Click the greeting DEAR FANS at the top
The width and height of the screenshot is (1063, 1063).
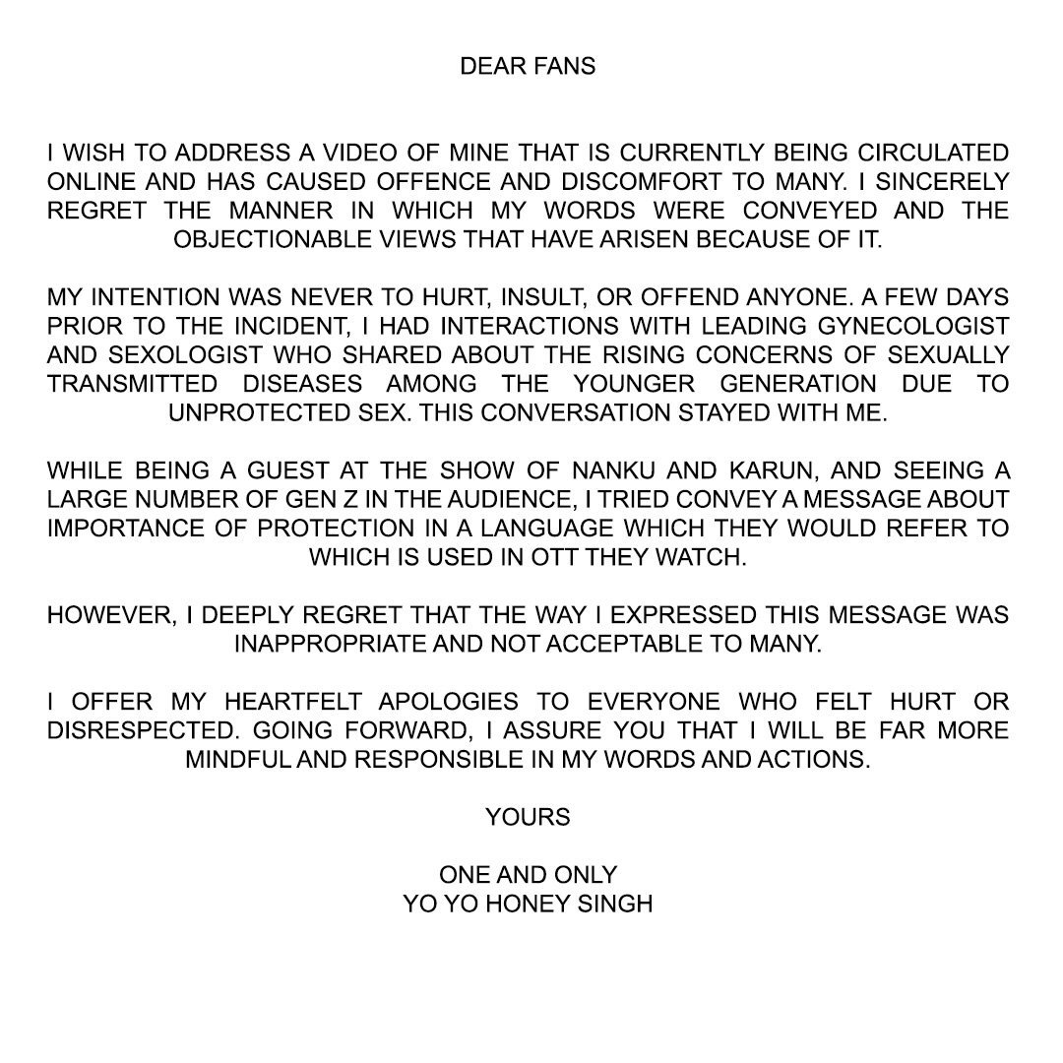[x=528, y=68]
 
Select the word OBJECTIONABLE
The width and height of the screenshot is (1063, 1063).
[x=275, y=239]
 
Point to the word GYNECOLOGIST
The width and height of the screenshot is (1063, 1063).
[x=925, y=326]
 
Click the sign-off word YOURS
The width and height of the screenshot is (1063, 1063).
[x=528, y=817]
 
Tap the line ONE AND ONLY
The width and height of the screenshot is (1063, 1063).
[x=528, y=874]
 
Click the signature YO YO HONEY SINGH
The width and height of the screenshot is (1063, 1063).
[x=528, y=903]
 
